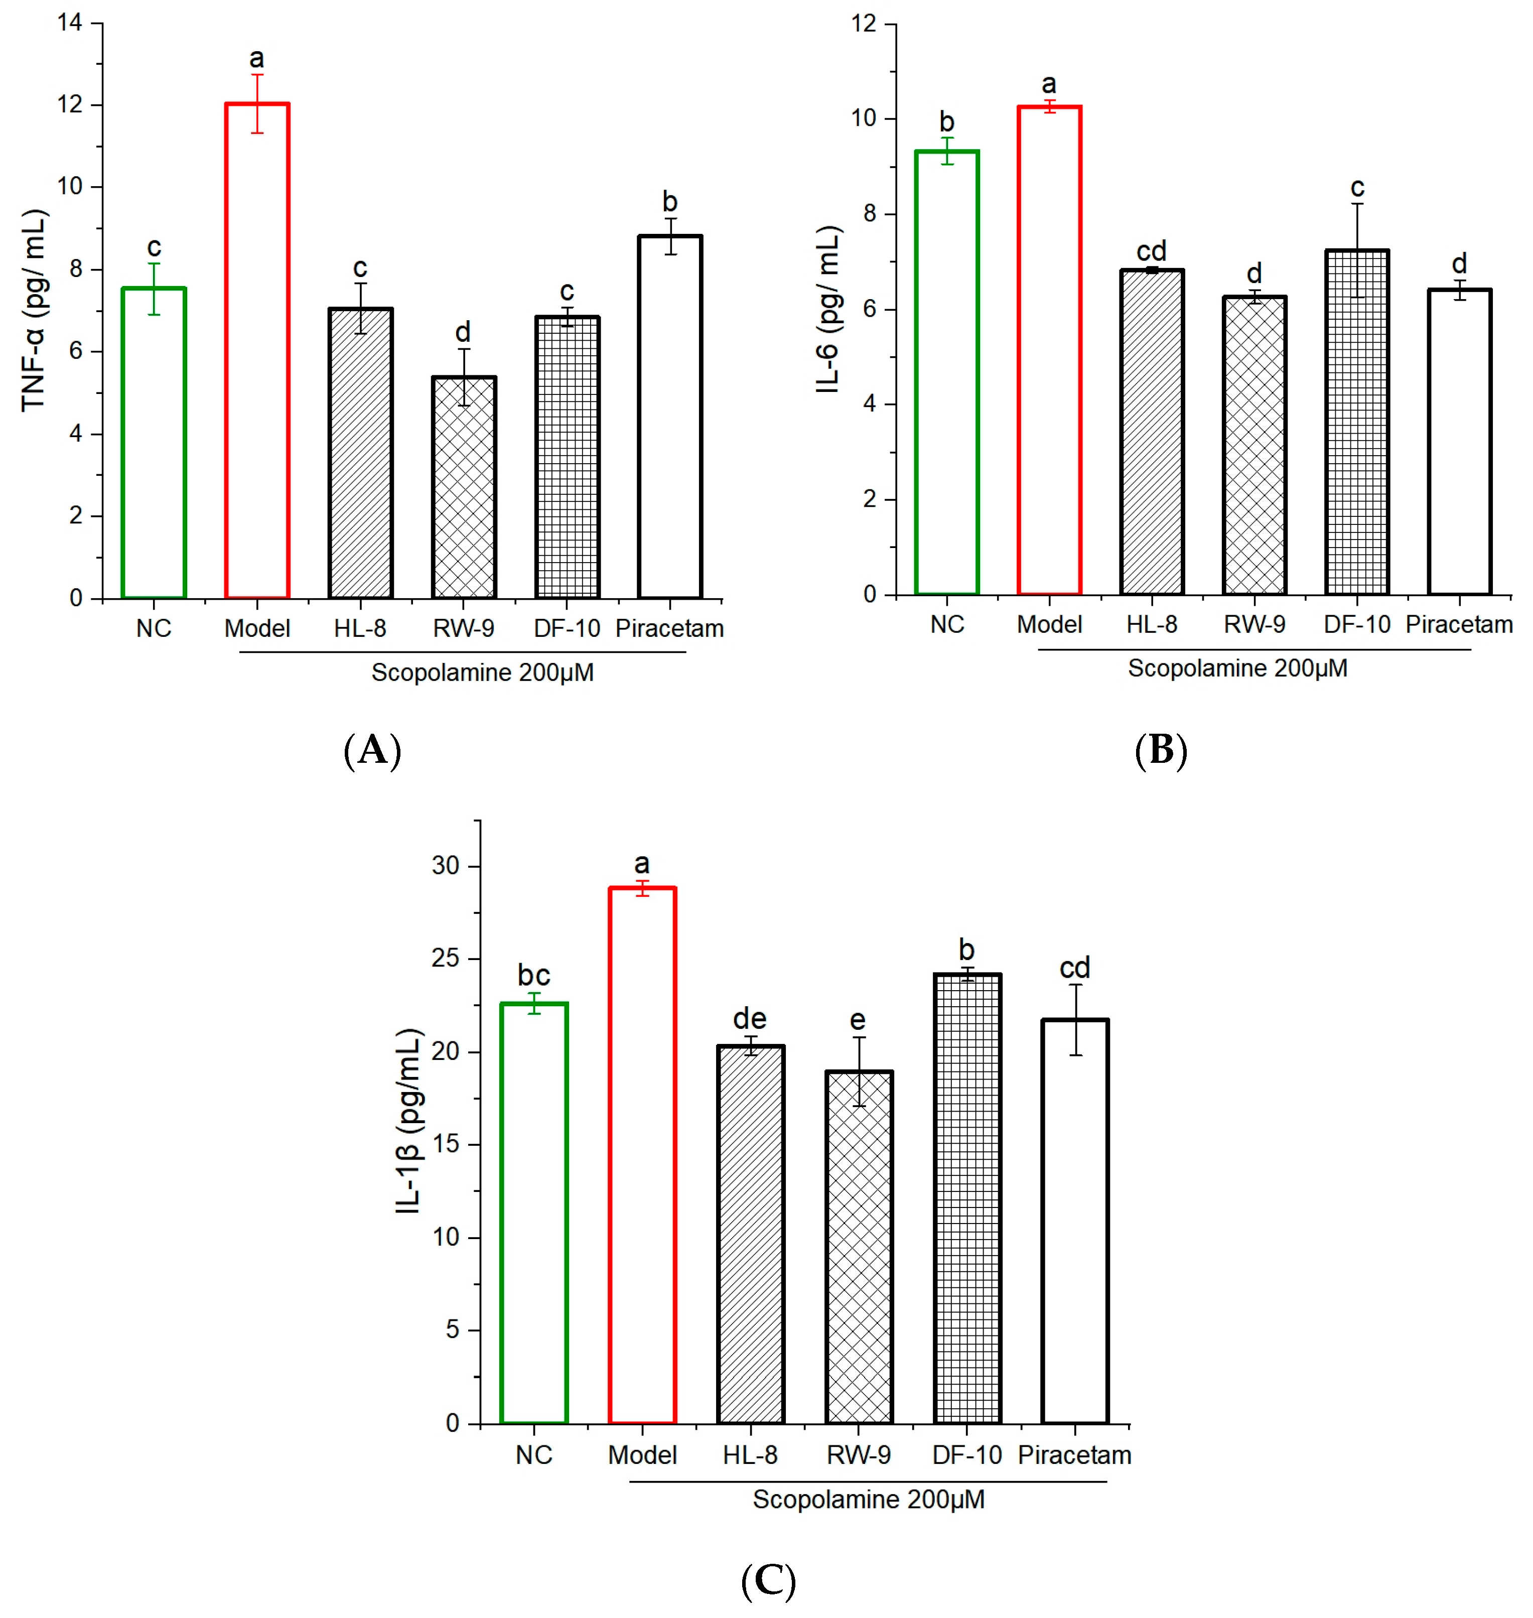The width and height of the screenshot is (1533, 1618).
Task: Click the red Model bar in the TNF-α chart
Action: coord(256,351)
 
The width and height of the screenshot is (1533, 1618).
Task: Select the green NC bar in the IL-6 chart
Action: coord(946,372)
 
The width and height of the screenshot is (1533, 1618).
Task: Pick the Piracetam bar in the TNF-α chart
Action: coord(669,417)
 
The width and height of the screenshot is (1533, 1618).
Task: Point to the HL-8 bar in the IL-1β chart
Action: coord(750,1235)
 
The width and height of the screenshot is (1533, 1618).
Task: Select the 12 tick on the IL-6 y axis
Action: coord(863,24)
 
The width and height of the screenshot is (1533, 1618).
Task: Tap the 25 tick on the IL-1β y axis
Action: coord(446,959)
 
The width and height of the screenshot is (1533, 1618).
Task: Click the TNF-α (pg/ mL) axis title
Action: coord(34,311)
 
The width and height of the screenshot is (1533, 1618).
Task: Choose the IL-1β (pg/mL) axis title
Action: coord(408,1121)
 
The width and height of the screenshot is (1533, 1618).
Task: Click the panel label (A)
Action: coord(373,749)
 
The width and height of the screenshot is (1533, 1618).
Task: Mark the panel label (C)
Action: coord(768,1581)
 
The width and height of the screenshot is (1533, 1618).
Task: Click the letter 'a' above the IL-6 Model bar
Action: coord(1048,84)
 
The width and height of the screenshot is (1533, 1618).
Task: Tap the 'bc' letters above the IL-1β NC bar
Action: coord(533,975)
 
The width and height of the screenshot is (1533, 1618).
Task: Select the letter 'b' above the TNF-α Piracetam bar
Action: coord(669,201)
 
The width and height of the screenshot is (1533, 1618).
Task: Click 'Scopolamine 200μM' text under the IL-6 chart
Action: coord(1237,668)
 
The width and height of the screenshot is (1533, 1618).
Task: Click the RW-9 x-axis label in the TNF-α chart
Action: coord(463,628)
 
